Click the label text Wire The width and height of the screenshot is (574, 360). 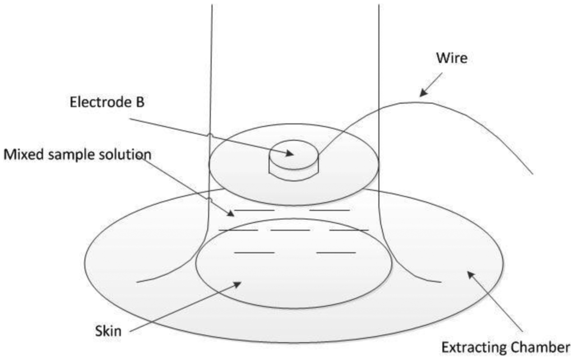click(452, 58)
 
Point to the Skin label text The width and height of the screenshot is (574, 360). click(107, 330)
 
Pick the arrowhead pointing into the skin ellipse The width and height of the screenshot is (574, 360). click(238, 284)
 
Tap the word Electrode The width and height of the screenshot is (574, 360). click(98, 102)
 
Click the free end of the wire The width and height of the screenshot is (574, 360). click(531, 173)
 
